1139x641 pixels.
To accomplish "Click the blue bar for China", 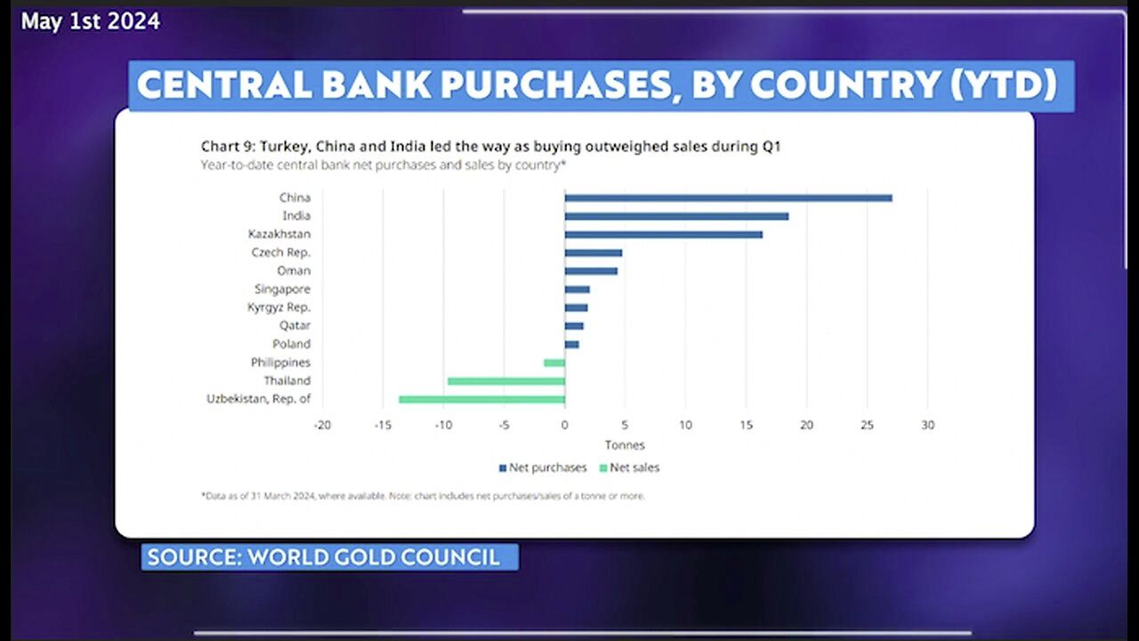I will point(728,198).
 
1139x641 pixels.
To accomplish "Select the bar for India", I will point(676,216).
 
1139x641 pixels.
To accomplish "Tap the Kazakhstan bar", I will point(663,234).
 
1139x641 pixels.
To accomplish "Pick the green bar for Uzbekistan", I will point(481,399).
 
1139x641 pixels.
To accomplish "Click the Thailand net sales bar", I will point(505,381).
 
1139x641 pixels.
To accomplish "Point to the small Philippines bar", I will point(554,362).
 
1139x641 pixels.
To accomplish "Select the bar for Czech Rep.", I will point(593,253).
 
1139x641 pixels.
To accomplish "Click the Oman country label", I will point(295,271).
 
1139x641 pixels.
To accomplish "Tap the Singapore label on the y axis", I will point(282,289).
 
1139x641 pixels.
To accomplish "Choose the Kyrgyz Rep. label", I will point(279,307).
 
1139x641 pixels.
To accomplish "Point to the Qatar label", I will point(295,326).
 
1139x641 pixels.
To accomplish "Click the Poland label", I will point(291,344).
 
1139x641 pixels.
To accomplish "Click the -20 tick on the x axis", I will point(322,426).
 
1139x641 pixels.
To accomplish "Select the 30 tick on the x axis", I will point(927,426).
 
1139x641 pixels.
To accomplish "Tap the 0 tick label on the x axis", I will point(564,426).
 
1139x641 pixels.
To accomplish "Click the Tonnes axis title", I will point(625,445).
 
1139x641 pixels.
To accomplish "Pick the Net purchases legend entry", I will point(543,467).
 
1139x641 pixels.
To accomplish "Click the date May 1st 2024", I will point(91,21).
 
